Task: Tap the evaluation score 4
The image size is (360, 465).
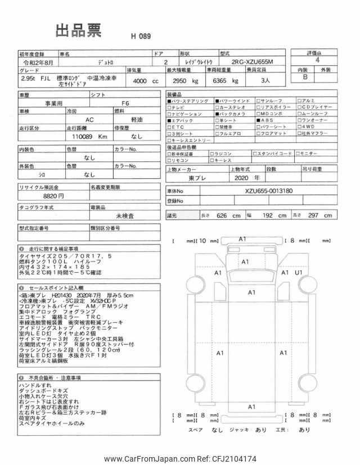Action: coord(318,58)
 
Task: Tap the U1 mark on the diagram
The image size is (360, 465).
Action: coord(299,273)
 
